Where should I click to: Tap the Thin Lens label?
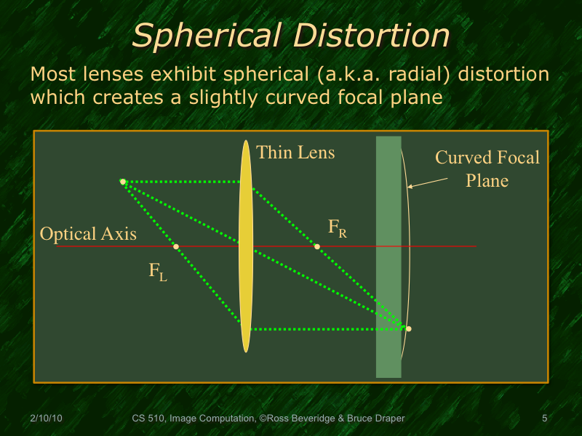(296, 152)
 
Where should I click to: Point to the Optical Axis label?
(88, 234)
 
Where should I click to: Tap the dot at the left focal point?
(176, 246)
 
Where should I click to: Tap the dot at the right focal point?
(316, 246)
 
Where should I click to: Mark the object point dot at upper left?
(123, 182)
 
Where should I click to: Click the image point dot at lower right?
(408, 329)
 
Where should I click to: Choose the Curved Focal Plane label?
(487, 169)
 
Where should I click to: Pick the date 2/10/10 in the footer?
(46, 419)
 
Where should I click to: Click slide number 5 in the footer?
(544, 419)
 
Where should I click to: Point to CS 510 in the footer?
(148, 419)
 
